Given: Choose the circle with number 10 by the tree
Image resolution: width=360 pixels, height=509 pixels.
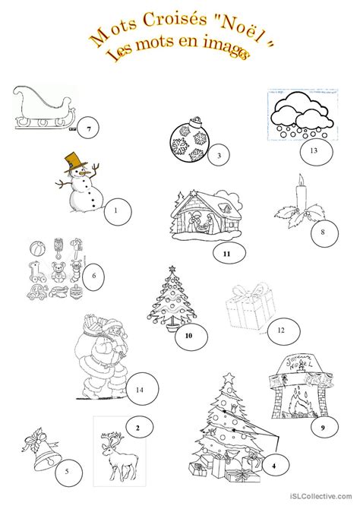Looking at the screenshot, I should coord(188,335).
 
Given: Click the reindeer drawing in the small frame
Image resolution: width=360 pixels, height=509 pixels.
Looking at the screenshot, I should coord(115,448).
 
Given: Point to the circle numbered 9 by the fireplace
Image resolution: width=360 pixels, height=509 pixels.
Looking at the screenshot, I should coord(322,428).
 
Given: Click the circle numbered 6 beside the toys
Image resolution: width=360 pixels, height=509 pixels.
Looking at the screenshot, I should coord(93,276).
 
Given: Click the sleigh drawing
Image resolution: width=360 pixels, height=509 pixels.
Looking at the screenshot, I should coord(44,110).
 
